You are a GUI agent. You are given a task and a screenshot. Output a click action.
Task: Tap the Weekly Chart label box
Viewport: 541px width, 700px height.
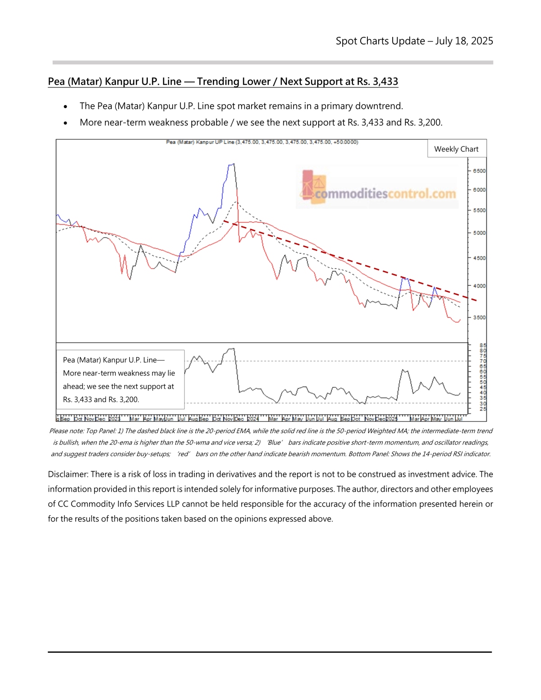[456, 149]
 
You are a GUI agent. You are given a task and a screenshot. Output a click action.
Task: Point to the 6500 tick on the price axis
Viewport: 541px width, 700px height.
[479, 171]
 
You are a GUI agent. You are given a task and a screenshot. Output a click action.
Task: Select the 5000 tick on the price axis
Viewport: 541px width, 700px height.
[479, 233]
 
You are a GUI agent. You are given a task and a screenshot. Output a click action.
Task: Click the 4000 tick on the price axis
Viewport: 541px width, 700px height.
[479, 286]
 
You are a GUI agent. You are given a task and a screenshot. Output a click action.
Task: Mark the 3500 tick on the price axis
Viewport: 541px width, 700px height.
[479, 317]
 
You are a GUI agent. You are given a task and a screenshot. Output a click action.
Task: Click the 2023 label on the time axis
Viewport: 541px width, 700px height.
[114, 419]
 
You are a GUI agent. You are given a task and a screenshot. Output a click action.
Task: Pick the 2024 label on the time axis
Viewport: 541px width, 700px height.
[253, 419]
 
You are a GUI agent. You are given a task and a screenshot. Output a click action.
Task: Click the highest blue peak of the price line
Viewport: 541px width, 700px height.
[233, 165]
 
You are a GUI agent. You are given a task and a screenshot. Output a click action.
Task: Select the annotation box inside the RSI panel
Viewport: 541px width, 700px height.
[119, 380]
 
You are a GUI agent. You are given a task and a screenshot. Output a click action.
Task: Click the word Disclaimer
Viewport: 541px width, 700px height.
[68, 474]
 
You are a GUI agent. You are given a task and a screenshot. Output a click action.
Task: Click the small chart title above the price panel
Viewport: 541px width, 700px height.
[262, 142]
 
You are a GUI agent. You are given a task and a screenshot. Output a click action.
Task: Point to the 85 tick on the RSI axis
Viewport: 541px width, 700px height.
[483, 345]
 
